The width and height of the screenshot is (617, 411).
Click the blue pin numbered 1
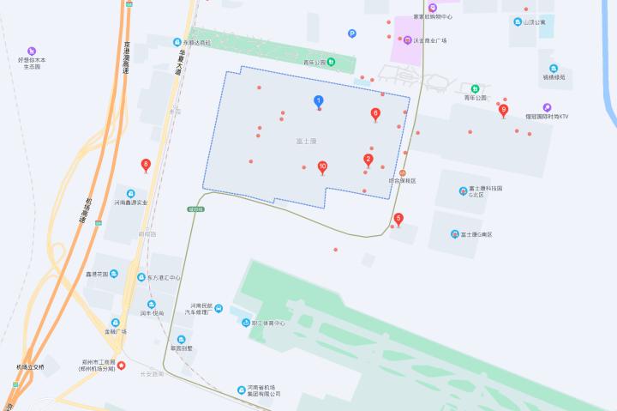[x=319, y=101]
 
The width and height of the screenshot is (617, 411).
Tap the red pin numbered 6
[x=375, y=113]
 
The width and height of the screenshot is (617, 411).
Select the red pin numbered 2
[x=368, y=159]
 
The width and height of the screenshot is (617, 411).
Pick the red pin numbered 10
[x=322, y=166]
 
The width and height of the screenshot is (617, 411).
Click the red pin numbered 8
[x=146, y=164]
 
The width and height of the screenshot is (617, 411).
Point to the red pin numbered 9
[x=504, y=109]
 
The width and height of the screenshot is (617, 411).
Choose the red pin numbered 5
[x=398, y=218]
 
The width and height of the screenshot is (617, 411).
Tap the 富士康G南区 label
[x=476, y=234]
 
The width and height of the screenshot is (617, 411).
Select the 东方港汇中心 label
[x=163, y=277]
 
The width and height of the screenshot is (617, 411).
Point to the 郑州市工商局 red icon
[x=121, y=366]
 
